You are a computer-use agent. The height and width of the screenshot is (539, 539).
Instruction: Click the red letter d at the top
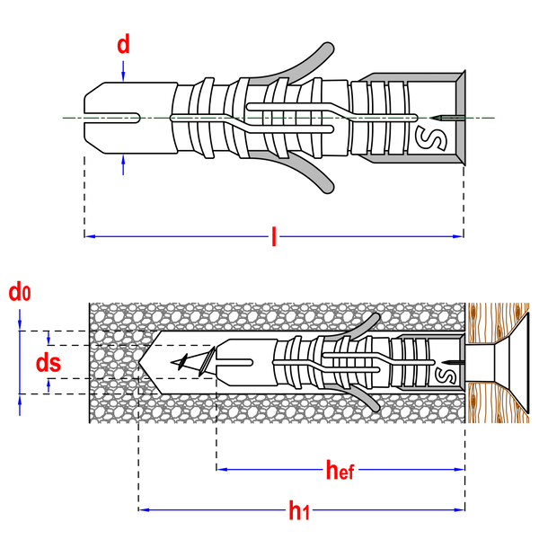[123, 45]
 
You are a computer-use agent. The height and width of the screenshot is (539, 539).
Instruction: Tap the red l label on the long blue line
[274, 237]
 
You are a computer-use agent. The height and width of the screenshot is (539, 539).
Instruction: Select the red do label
[19, 292]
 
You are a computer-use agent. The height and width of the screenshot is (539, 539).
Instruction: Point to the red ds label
[48, 363]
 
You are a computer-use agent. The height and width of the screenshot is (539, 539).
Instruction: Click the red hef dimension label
[341, 469]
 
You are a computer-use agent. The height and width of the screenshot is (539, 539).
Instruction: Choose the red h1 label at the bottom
[298, 511]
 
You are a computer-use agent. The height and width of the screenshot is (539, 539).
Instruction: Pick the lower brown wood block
[494, 403]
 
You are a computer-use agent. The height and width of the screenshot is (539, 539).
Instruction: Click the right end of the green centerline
[495, 118]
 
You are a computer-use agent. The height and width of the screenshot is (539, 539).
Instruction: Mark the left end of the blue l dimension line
[89, 236]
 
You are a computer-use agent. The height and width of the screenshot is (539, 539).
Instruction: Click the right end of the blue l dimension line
[459, 236]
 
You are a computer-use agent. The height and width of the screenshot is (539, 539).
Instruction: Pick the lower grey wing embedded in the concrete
[358, 395]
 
